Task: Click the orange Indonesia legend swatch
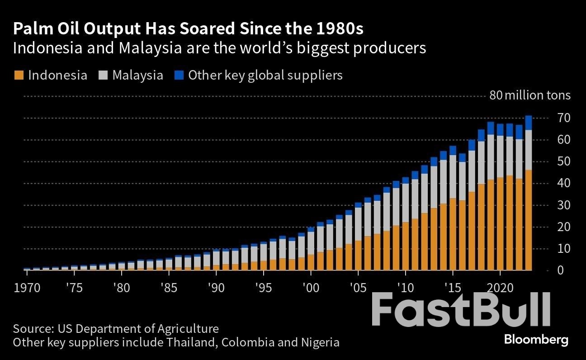pyautogui.click(x=19, y=75)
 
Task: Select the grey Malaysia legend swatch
pyautogui.click(x=103, y=75)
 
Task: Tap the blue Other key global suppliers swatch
pyautogui.click(x=179, y=75)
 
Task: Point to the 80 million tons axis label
pyautogui.click(x=530, y=95)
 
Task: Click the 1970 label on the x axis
pyautogui.click(x=26, y=288)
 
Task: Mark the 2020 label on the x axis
pyautogui.click(x=500, y=288)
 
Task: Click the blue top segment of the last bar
pyautogui.click(x=528, y=123)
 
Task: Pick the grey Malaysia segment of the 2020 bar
pyautogui.click(x=500, y=156)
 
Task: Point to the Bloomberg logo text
pyautogui.click(x=536, y=340)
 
